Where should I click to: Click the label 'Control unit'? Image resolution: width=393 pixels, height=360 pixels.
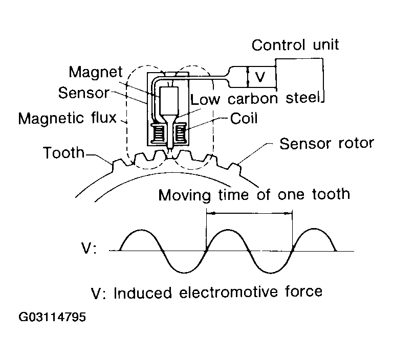click(295, 46)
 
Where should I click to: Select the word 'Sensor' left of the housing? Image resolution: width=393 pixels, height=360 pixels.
click(83, 93)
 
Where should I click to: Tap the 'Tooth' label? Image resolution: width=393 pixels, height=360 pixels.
click(64, 153)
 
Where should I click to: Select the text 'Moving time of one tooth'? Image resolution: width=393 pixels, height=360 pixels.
click(254, 194)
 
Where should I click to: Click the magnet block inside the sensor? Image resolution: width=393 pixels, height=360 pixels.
click(168, 101)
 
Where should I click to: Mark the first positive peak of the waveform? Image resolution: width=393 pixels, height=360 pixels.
click(140, 231)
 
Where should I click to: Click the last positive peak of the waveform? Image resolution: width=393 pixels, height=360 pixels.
click(314, 231)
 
